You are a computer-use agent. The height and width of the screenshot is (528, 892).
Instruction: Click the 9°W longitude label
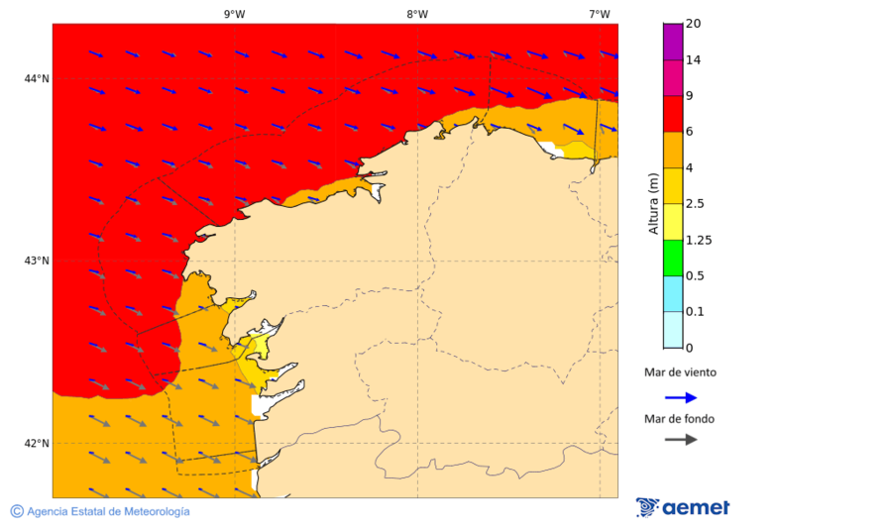pyautogui.click(x=234, y=14)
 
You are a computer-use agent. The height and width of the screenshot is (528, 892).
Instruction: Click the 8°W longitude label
pyautogui.click(x=416, y=14)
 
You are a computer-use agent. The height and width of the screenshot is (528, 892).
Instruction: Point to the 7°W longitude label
pyautogui.click(x=599, y=14)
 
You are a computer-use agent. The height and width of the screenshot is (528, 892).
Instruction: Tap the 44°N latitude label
pyautogui.click(x=37, y=78)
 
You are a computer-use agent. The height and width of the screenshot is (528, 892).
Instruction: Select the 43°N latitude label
pyautogui.click(x=37, y=261)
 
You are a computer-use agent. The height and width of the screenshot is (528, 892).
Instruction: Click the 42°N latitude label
pyautogui.click(x=37, y=443)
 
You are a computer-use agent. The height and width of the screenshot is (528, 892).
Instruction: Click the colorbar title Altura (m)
pyautogui.click(x=653, y=203)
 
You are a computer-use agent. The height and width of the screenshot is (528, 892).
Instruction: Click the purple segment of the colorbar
pyautogui.click(x=673, y=42)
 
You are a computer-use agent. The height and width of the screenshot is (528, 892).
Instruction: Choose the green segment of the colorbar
pyautogui.click(x=673, y=258)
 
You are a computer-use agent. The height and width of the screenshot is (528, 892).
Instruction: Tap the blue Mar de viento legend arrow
pyautogui.click(x=680, y=397)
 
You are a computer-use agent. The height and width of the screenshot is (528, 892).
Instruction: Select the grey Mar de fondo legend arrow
pyautogui.click(x=680, y=440)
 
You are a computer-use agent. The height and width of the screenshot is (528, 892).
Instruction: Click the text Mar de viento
pyautogui.click(x=680, y=373)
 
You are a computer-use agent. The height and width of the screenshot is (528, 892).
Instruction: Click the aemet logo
pyautogui.click(x=683, y=507)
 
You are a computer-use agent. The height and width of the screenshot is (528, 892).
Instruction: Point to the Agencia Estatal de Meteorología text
pyautogui.click(x=108, y=511)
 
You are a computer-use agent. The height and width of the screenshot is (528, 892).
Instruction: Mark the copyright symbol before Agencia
pyautogui.click(x=17, y=511)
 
